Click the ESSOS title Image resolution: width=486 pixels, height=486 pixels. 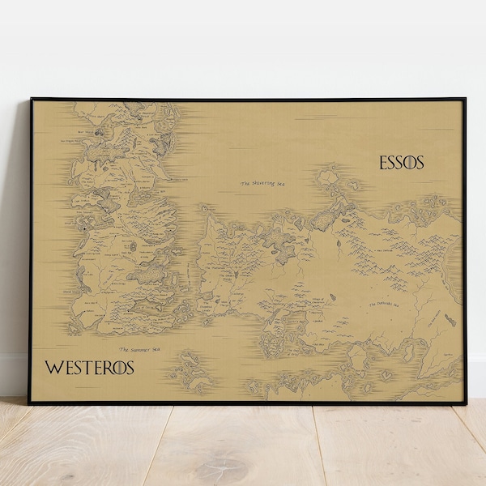click(x=402, y=163)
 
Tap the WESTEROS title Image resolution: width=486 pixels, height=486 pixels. click(x=88, y=366)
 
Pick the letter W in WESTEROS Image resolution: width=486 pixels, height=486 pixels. click(x=53, y=366)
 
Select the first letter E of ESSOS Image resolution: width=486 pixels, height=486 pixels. click(x=384, y=163)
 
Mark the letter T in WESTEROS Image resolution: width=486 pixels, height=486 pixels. click(x=83, y=366)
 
